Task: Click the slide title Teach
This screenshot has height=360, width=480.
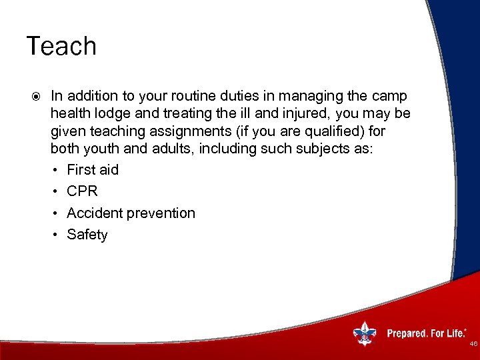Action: coord(61,46)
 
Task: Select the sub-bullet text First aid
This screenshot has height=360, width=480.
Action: coord(93,170)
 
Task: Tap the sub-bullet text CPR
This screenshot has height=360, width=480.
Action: coord(82,191)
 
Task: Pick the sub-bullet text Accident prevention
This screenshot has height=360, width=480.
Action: coord(131,213)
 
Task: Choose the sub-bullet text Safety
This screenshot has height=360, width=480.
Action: coord(87,235)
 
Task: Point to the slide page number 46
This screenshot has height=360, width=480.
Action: coord(473,345)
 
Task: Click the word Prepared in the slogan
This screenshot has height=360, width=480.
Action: coord(407,333)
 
